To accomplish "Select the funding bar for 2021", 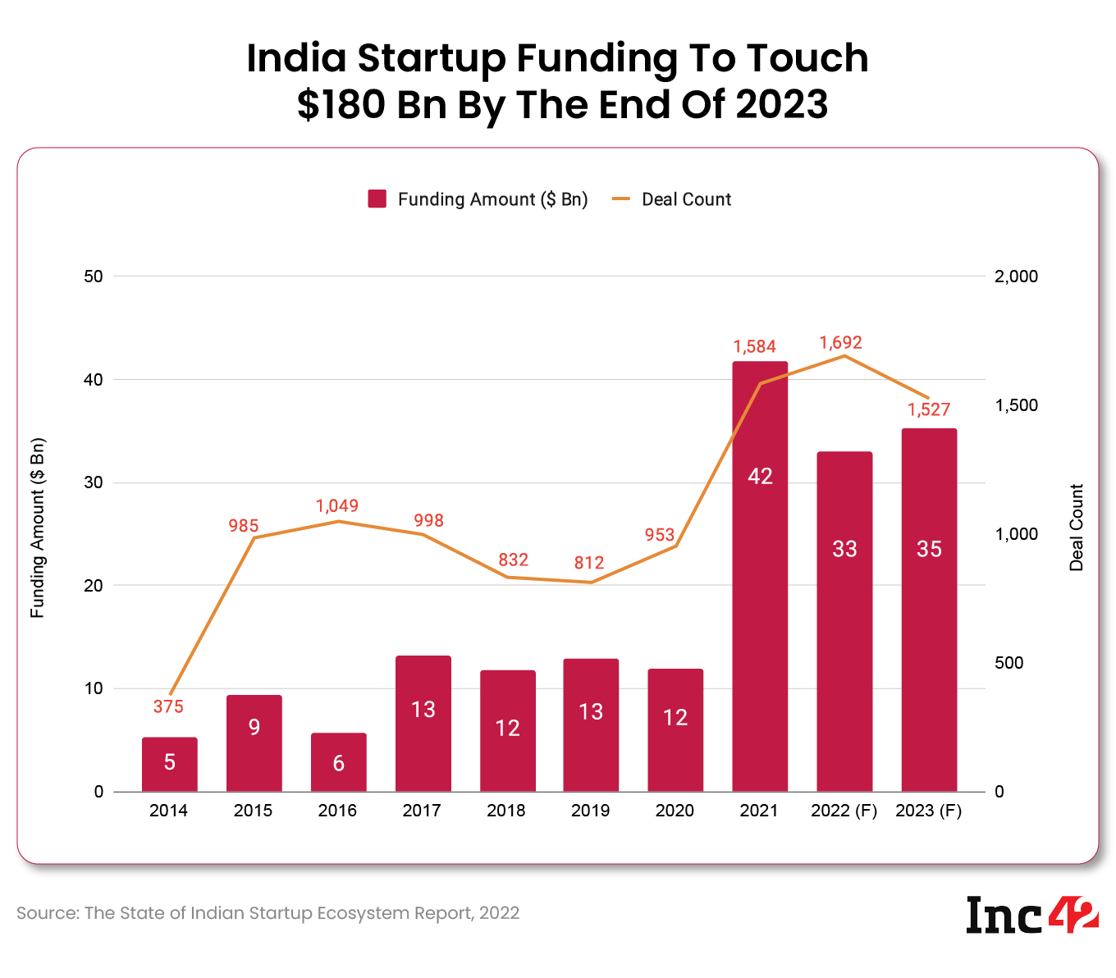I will pyautogui.click(x=760, y=574).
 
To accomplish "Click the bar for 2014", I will pyautogui.click(x=169, y=764).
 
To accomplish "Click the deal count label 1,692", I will pyautogui.click(x=840, y=343).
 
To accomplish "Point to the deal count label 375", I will pyautogui.click(x=168, y=706).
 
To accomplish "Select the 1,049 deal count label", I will pyautogui.click(x=337, y=506).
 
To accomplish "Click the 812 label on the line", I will pyautogui.click(x=589, y=563).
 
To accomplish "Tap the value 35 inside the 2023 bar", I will pyautogui.click(x=929, y=549).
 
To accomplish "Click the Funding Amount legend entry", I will pyautogui.click(x=478, y=199).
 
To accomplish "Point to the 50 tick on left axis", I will pyautogui.click(x=94, y=276).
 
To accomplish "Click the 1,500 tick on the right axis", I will pyautogui.click(x=1016, y=405).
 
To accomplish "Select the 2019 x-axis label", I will pyautogui.click(x=590, y=811).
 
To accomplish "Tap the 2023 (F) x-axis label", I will pyautogui.click(x=928, y=811).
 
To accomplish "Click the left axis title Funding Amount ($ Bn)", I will pyautogui.click(x=38, y=528).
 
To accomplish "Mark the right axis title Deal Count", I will pyautogui.click(x=1077, y=528).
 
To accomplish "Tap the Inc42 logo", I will pyautogui.click(x=1031, y=915).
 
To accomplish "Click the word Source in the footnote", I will pyautogui.click(x=46, y=913).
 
